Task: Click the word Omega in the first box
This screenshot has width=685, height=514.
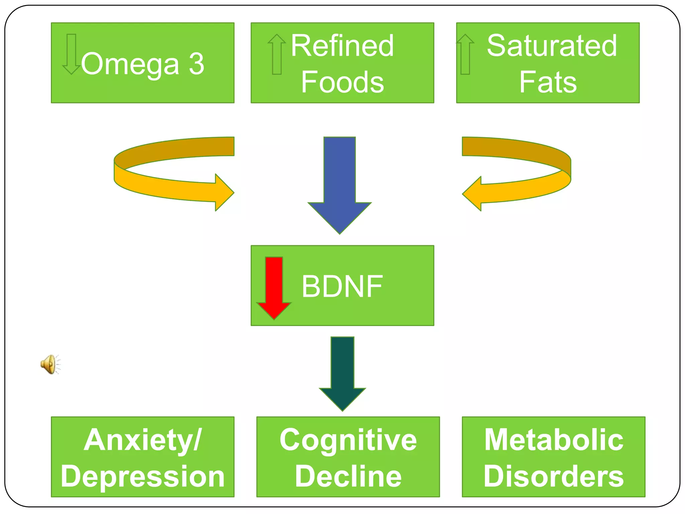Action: tap(130, 64)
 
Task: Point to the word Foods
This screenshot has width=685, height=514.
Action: tap(342, 82)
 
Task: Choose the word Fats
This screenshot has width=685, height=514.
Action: tap(548, 82)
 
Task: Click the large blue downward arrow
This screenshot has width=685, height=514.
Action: tap(339, 184)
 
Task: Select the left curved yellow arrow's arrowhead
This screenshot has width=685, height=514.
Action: tap(223, 192)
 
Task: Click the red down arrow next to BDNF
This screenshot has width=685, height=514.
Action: tap(274, 288)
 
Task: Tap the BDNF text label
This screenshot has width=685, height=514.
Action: tap(342, 286)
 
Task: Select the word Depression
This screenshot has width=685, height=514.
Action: tap(143, 477)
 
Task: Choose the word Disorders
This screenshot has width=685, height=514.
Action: tap(554, 477)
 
